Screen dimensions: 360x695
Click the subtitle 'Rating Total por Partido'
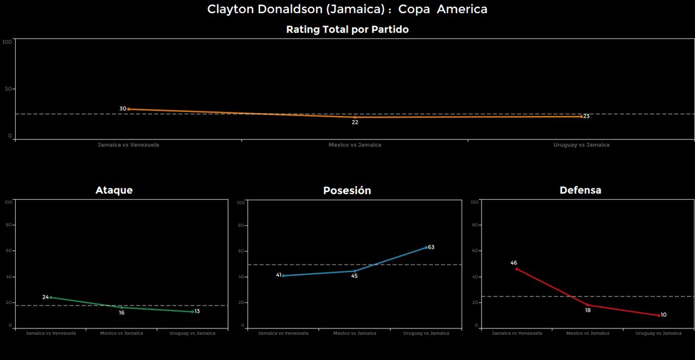tap(347, 30)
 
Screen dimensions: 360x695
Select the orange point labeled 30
tap(128, 109)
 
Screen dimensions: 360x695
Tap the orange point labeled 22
tap(355, 117)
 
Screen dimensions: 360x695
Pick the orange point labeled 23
tap(581, 116)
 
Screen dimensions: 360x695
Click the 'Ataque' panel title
tap(114, 190)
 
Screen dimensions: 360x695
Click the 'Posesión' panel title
tap(347, 191)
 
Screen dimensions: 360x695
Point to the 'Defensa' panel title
tap(580, 190)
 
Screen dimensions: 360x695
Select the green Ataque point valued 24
tap(51, 297)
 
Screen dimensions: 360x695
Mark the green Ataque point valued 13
tap(193, 312)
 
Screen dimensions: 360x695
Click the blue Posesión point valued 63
tap(426, 247)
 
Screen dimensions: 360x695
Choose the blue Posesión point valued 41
tap(283, 275)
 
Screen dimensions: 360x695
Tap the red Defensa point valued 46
tap(517, 269)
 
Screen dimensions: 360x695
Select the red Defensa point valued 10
tap(659, 315)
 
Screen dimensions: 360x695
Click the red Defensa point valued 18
tap(587, 305)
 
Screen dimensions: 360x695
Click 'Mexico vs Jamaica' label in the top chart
tap(355, 145)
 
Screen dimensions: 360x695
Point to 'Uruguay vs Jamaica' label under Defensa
tap(659, 333)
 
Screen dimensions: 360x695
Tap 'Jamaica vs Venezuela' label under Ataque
tap(51, 333)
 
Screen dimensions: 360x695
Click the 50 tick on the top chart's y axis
tap(8, 89)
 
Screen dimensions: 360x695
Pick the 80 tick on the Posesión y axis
tap(242, 225)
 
